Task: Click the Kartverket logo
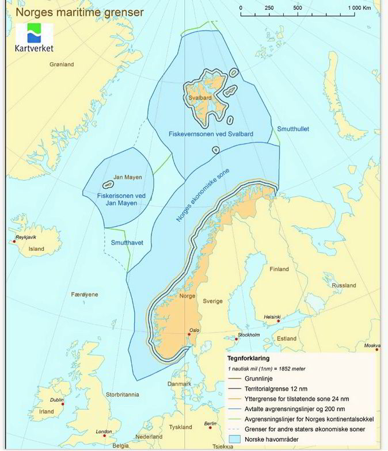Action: (x=34, y=38)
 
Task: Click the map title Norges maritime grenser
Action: (x=72, y=12)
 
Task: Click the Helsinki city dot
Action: (x=278, y=321)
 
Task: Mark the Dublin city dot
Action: (x=63, y=404)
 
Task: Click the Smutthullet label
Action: (x=293, y=129)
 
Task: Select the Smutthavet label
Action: (x=127, y=243)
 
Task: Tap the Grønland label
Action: (x=62, y=64)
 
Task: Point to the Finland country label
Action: (x=279, y=269)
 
